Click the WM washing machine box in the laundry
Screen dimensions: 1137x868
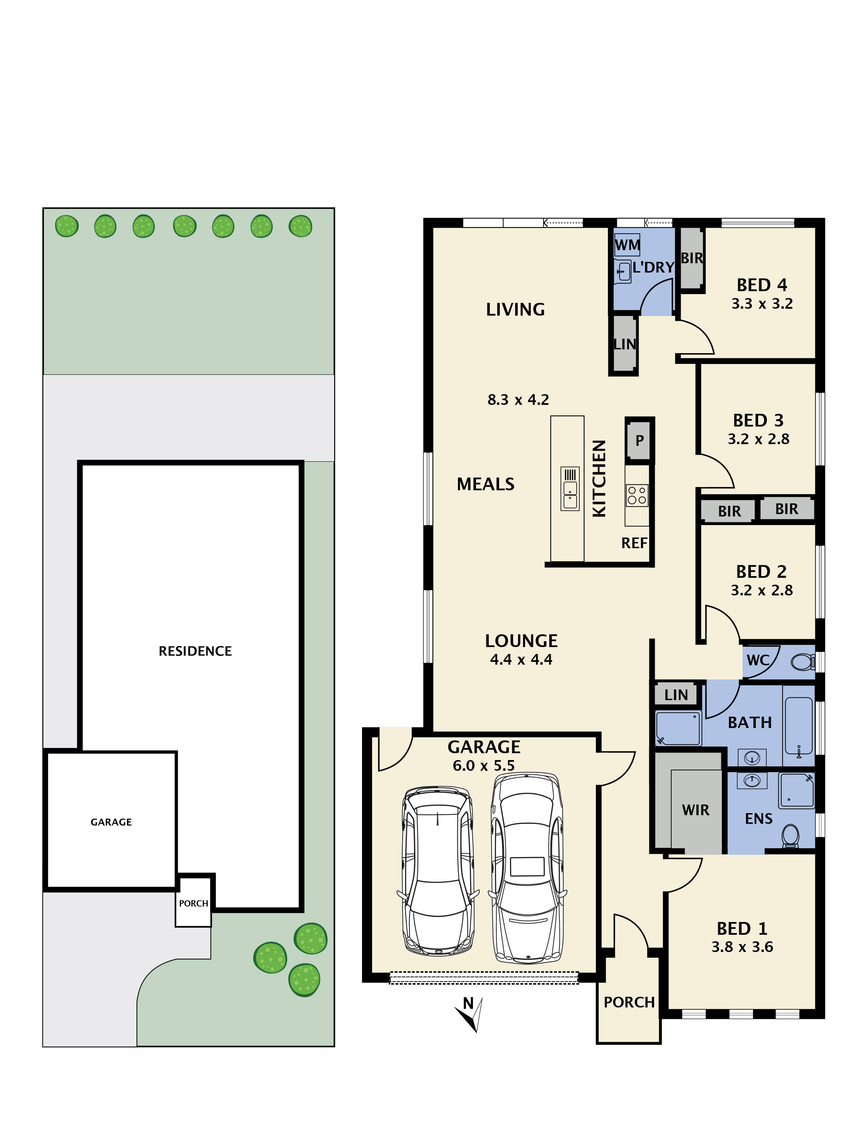click(x=627, y=245)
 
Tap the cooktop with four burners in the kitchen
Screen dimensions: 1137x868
click(x=637, y=495)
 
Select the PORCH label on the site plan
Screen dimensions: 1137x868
click(x=193, y=903)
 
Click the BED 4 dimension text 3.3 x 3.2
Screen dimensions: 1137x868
click(x=762, y=304)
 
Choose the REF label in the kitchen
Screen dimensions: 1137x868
click(x=634, y=543)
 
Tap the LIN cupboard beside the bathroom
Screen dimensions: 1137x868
click(x=676, y=695)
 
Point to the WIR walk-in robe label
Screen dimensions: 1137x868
click(x=695, y=810)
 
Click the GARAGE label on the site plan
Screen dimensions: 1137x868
click(x=111, y=822)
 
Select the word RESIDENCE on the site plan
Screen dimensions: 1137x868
click(x=195, y=651)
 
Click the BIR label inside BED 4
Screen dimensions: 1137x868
click(x=691, y=258)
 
